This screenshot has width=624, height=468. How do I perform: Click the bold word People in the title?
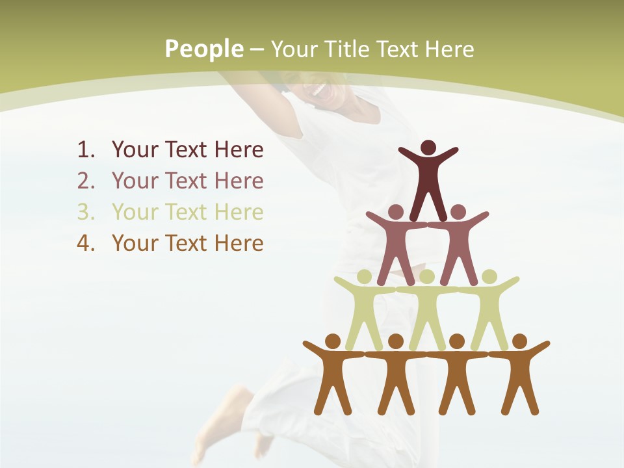point(204,49)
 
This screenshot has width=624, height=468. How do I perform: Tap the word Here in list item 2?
point(239,181)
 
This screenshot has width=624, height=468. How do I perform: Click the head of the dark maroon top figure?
point(428,148)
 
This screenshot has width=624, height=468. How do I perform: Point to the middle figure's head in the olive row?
point(426,277)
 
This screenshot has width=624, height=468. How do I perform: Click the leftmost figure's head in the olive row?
point(365,277)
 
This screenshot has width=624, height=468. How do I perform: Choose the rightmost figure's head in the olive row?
point(489,277)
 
